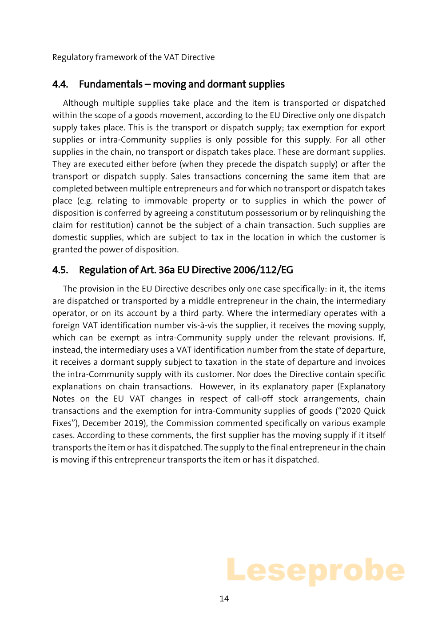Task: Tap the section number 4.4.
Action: [60, 84]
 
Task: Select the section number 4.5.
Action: [60, 270]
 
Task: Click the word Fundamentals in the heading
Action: [111, 84]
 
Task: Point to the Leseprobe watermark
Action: [315, 571]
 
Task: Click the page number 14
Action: [224, 599]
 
